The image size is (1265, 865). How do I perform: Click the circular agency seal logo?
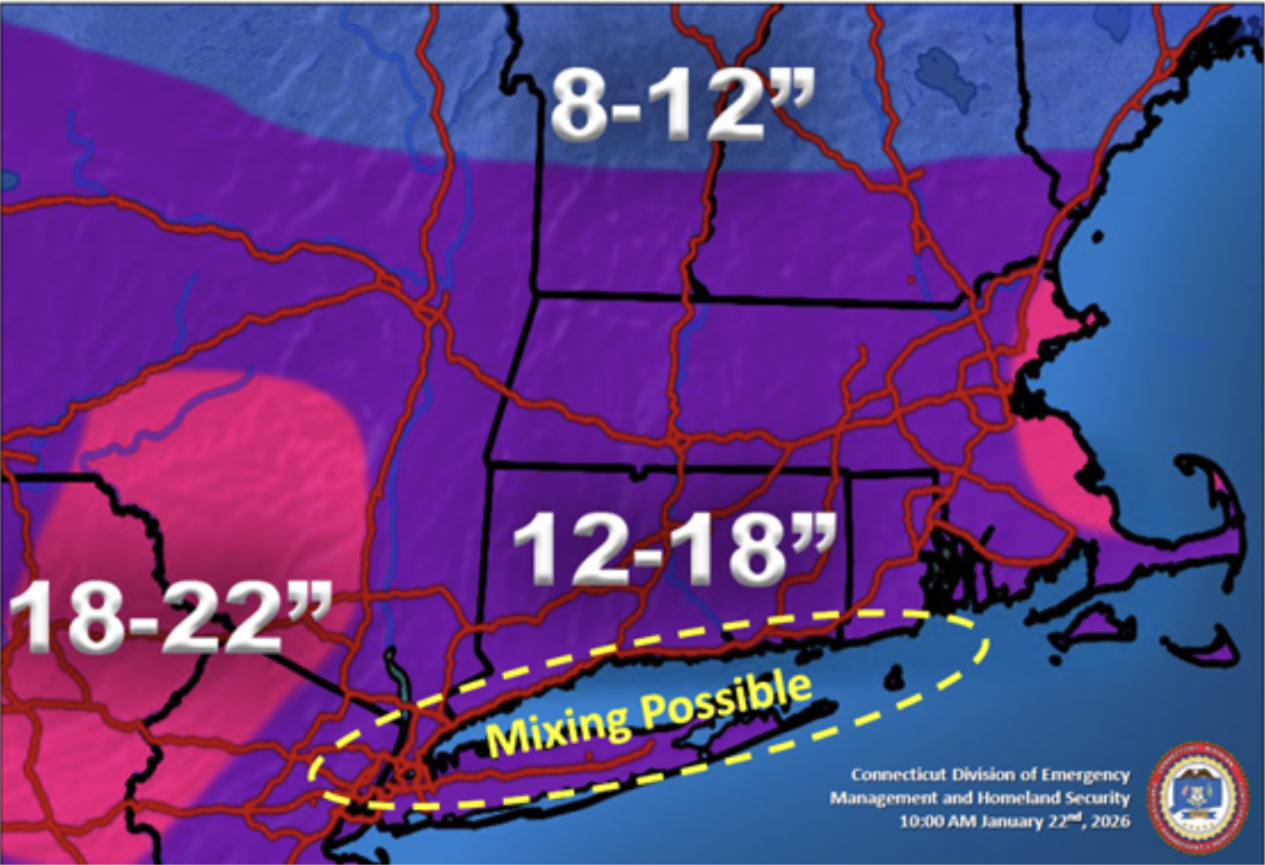coord(1198,796)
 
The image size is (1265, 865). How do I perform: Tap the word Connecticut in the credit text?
coord(899,775)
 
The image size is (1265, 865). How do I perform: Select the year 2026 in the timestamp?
coord(1110,821)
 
